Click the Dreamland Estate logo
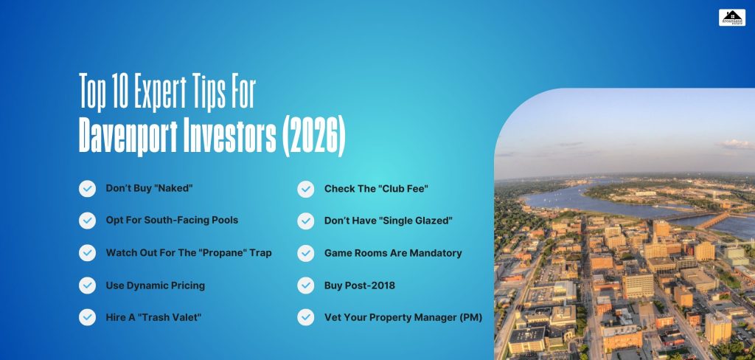tap(731, 18)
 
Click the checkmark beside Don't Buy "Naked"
tap(87, 189)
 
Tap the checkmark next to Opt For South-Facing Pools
tap(87, 221)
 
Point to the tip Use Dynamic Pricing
tap(155, 285)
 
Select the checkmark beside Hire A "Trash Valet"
tap(87, 317)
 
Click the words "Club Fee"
tap(402, 189)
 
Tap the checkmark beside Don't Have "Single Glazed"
tap(305, 221)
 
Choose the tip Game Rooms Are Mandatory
tap(393, 253)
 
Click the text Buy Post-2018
tap(358, 285)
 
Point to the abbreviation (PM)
tap(469, 317)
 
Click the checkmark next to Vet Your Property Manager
tap(305, 317)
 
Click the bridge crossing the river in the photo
tap(708, 220)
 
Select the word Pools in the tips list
tap(223, 221)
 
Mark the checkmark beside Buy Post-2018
tap(305, 285)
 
